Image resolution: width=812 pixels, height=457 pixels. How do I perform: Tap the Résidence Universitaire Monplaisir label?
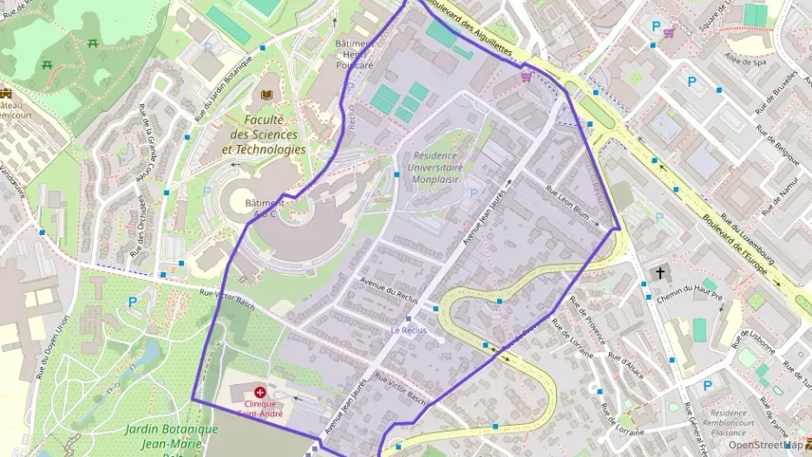[x=434, y=167]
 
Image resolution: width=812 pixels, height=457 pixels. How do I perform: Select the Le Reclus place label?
[x=409, y=330]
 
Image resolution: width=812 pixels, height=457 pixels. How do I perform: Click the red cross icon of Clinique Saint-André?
[x=259, y=392]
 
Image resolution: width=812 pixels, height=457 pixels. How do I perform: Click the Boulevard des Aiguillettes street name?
[x=474, y=30]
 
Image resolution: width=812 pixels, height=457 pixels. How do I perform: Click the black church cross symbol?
[x=660, y=273]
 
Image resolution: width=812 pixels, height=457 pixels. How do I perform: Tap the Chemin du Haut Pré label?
[x=690, y=299]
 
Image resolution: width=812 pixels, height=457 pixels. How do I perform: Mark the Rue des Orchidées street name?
[x=135, y=231]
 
